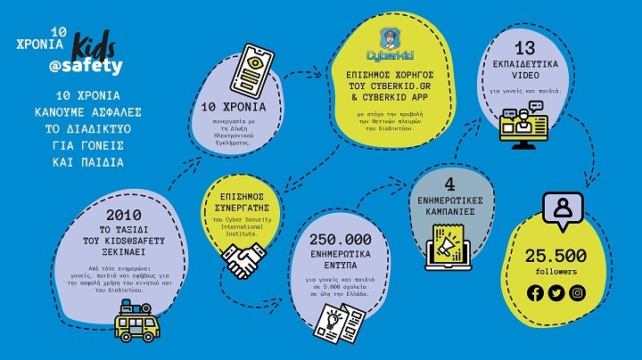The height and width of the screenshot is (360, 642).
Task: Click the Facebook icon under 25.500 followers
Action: click(535, 292)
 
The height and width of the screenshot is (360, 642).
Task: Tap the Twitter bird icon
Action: click(556, 292)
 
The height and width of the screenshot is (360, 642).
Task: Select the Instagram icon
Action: click(578, 292)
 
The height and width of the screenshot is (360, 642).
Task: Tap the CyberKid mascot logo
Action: click(390, 39)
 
